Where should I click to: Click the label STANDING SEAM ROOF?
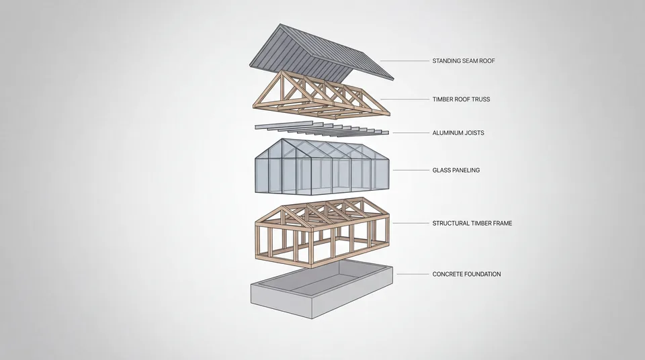pos(464,61)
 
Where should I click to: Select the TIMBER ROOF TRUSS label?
pos(461,99)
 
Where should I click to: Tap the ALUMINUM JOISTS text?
pos(458,133)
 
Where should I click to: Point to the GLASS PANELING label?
pos(456,171)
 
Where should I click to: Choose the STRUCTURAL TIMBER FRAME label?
pos(472,224)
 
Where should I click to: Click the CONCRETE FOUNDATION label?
pos(466,274)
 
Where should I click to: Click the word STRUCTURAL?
pos(450,224)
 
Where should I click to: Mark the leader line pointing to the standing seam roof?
pos(404,61)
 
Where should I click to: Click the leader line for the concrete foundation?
pos(413,274)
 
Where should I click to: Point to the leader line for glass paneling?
pos(411,170)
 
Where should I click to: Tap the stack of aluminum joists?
pos(322,130)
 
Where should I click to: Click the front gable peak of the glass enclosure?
pos(282,140)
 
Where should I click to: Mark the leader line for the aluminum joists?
pos(411,133)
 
